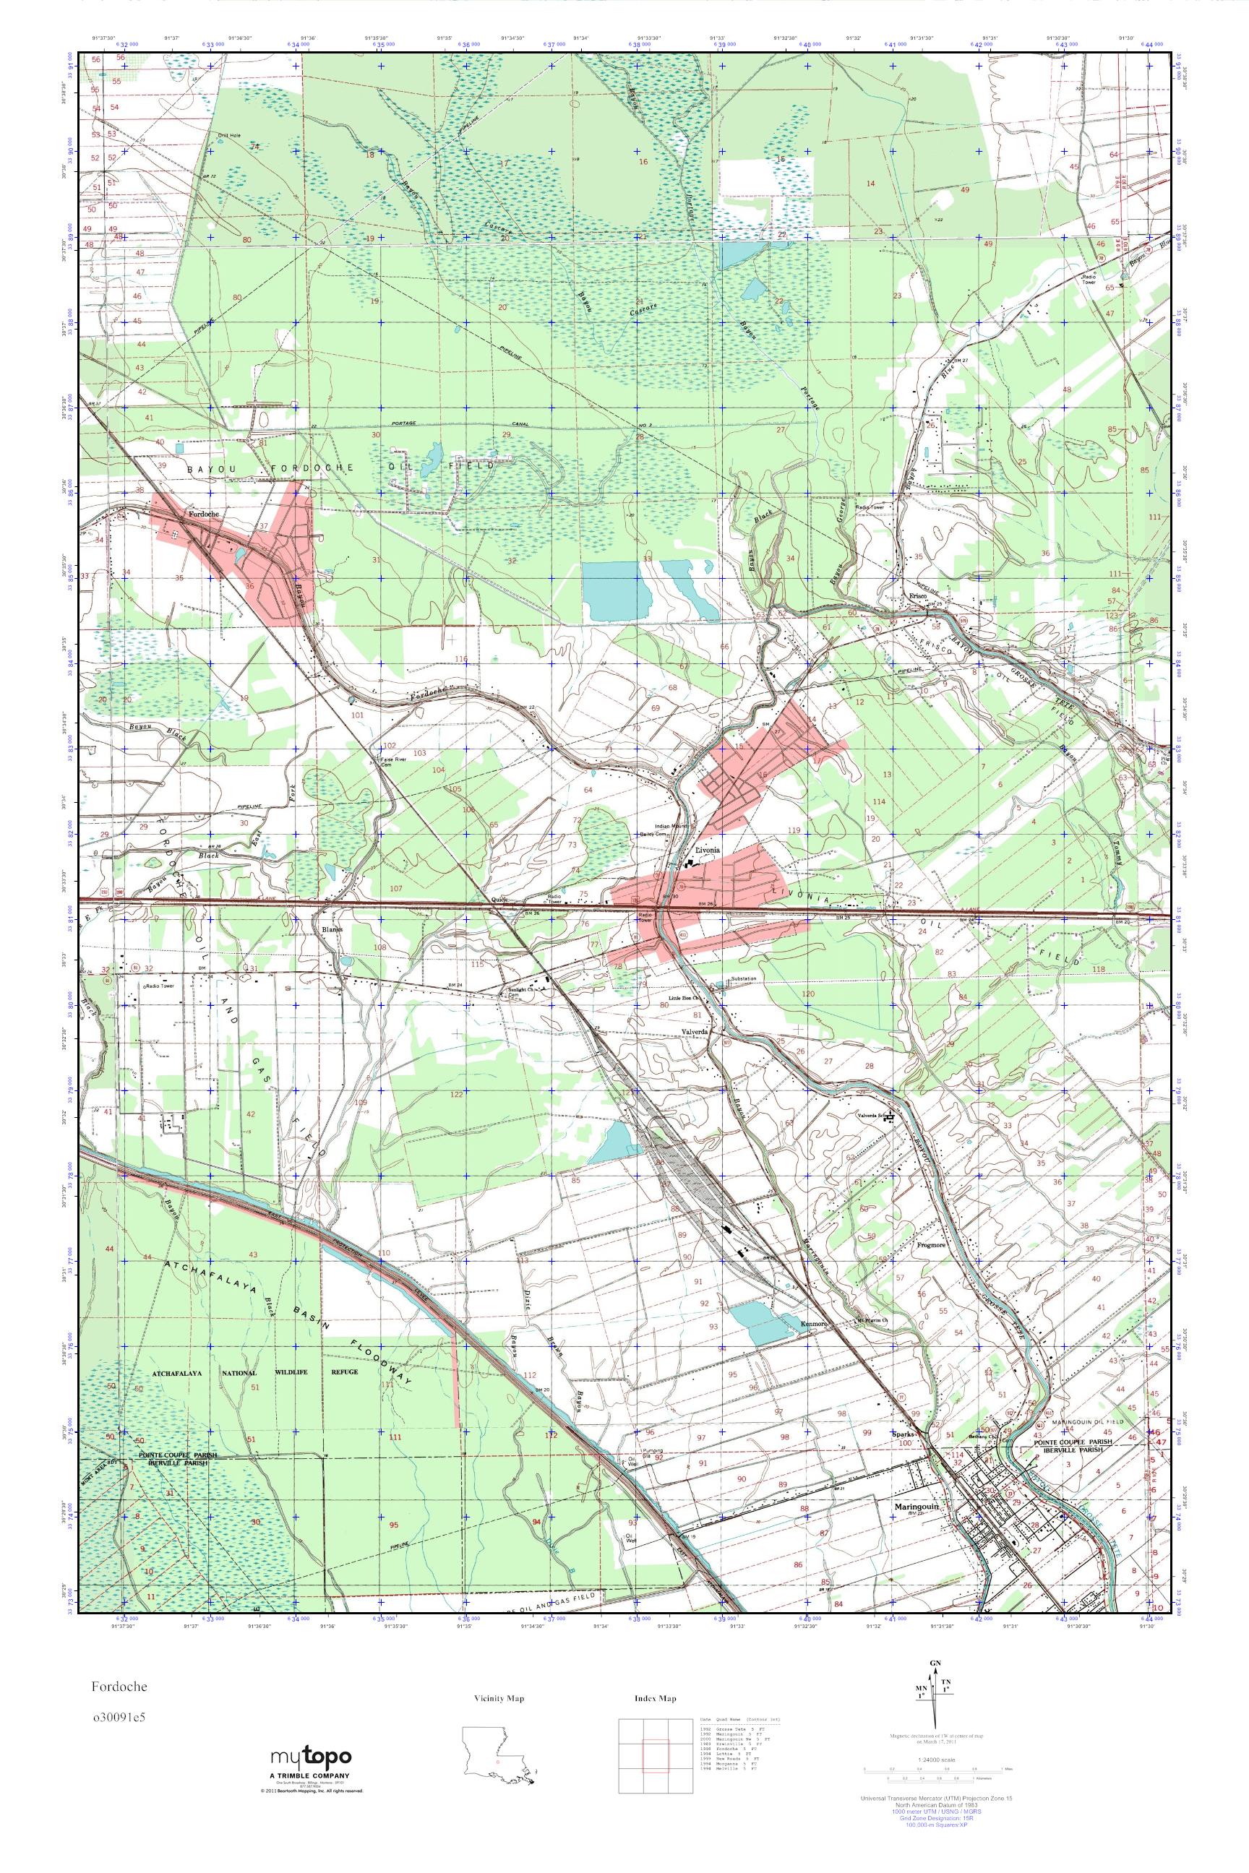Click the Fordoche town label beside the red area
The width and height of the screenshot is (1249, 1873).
(203, 514)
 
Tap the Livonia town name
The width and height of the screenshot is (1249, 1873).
(708, 850)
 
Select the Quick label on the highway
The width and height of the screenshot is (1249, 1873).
(499, 900)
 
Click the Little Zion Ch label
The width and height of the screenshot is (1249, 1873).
(684, 996)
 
